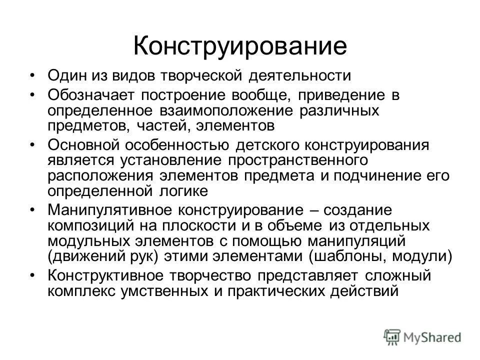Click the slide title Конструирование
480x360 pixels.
(240, 45)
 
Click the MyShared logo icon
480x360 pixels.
(392, 336)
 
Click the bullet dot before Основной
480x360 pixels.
(32, 145)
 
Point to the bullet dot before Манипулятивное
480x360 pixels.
(32, 211)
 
